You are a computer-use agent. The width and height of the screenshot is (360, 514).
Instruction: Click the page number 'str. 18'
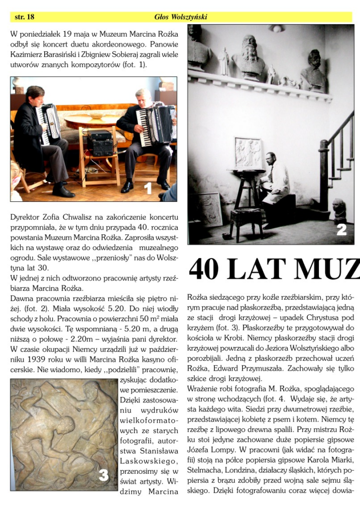(25, 17)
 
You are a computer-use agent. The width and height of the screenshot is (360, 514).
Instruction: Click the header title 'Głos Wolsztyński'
(181, 17)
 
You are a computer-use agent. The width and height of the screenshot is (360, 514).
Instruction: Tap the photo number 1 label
(148, 189)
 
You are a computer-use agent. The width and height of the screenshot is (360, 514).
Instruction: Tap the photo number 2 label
(341, 230)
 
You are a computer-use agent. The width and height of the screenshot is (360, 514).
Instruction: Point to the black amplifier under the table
(100, 144)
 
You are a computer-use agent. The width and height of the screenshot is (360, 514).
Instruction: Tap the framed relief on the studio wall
(248, 153)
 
